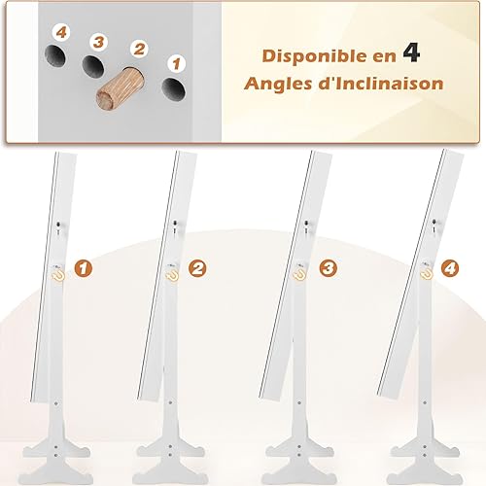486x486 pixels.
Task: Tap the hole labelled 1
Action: tap(173, 88)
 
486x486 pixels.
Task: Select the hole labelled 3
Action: tap(93, 65)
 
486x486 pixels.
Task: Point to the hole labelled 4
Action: tap(55, 55)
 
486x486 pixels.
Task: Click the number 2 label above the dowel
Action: tap(139, 50)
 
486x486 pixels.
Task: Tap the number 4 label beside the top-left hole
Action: tap(61, 32)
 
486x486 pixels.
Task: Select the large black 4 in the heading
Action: tap(411, 52)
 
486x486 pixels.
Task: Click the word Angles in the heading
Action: tap(278, 85)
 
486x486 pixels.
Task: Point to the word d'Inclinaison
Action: tap(380, 84)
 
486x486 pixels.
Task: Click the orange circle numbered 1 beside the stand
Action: tap(84, 268)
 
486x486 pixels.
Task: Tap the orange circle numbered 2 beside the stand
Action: tap(197, 268)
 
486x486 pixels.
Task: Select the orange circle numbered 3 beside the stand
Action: tap(328, 268)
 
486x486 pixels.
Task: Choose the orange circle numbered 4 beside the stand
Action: tap(450, 268)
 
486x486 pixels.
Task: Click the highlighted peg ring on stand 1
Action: tap(58, 274)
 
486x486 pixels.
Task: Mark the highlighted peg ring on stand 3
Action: tap(300, 274)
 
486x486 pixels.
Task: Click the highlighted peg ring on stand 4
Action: tap(427, 274)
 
